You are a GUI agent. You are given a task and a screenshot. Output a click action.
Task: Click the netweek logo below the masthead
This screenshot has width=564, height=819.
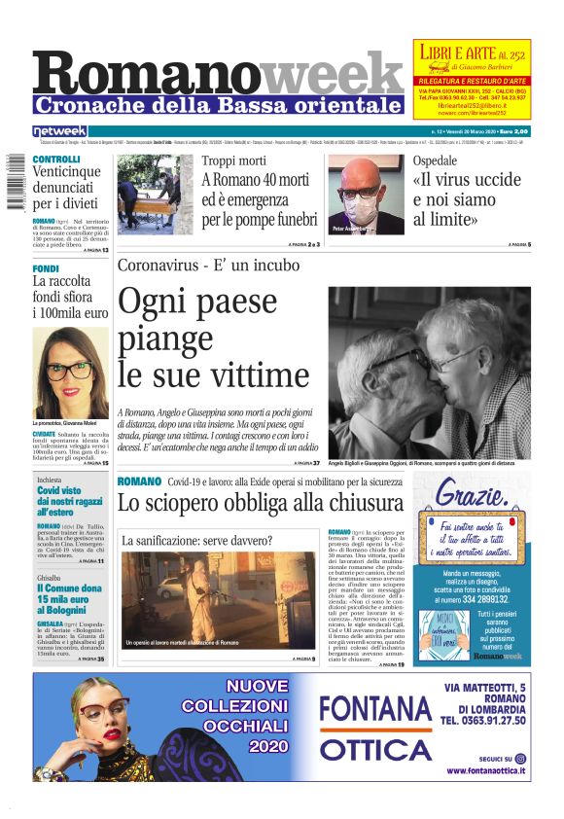point(60,130)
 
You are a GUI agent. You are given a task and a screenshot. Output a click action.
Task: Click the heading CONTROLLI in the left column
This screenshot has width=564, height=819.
point(56,159)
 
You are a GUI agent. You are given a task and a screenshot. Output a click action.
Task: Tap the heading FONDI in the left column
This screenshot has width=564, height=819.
point(46,268)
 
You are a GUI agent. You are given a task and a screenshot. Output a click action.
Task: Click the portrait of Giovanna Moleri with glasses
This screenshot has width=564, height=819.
point(70,372)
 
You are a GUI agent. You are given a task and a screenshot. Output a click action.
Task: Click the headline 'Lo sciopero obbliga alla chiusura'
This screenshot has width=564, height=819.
point(260,503)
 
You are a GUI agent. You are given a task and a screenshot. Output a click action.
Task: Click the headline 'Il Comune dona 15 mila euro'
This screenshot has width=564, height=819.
point(69,594)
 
